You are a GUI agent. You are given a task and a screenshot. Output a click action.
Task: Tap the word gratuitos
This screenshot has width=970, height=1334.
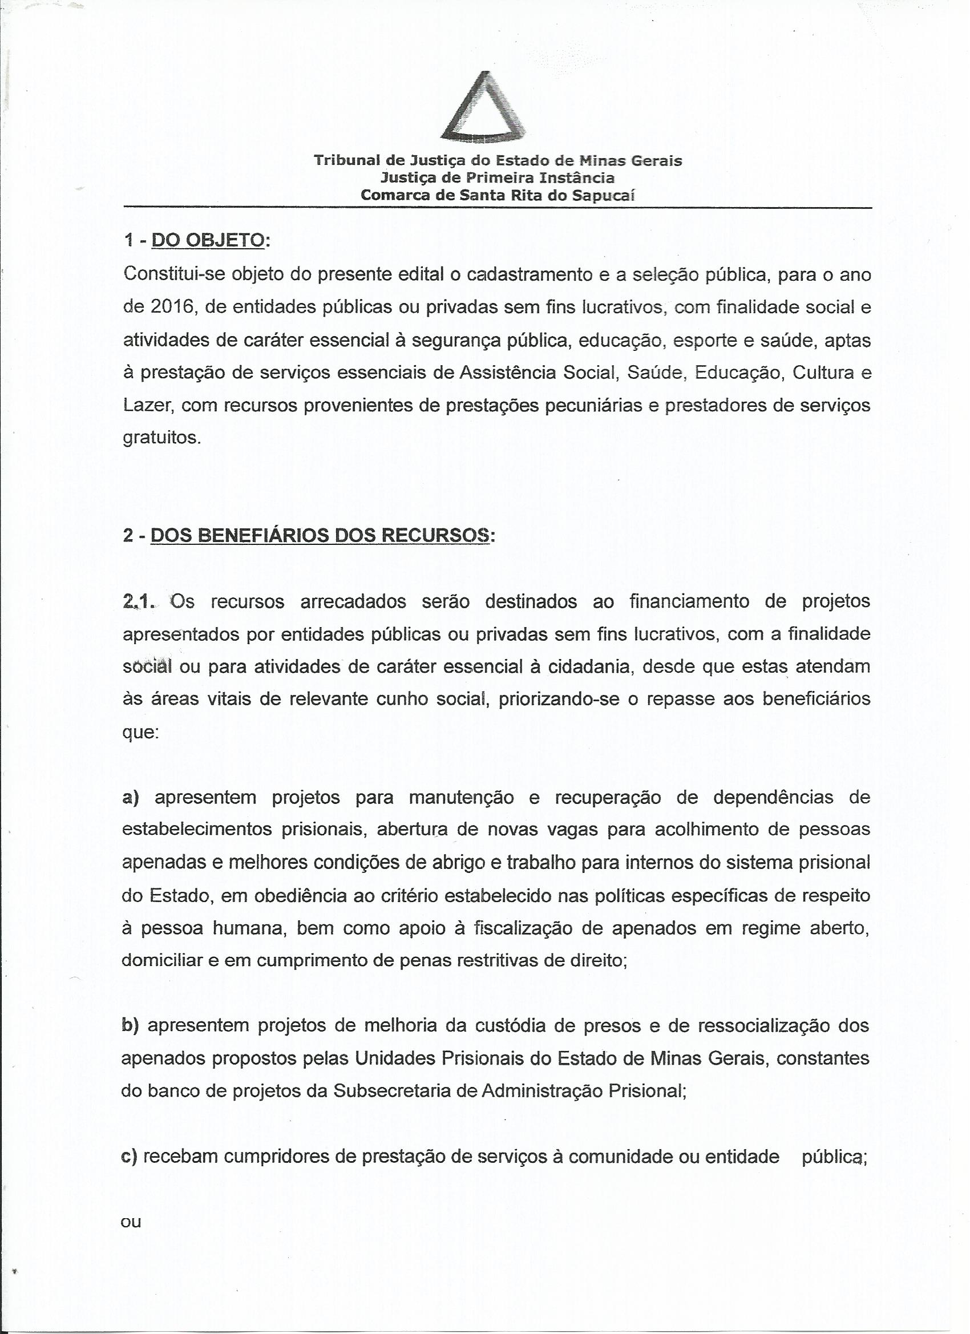(x=161, y=438)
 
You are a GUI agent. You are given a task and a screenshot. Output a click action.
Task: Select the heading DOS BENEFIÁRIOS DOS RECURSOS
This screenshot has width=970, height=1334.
(x=320, y=536)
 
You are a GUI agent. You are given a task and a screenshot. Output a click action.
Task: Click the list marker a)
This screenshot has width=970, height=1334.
(x=131, y=798)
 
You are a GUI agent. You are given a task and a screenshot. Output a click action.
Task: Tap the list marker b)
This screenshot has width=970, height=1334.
(x=130, y=1026)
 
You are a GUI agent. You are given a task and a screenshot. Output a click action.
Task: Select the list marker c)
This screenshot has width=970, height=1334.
(x=129, y=1157)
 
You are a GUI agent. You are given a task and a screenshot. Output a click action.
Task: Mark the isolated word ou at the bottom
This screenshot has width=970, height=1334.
(x=131, y=1222)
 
